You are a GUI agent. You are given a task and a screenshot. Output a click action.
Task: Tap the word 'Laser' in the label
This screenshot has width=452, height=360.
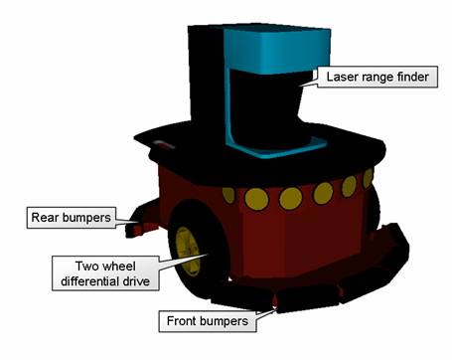(339, 76)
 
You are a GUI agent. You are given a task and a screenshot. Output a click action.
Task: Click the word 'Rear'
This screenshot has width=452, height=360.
(43, 214)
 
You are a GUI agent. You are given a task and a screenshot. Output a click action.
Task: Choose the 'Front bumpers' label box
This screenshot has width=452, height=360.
(207, 321)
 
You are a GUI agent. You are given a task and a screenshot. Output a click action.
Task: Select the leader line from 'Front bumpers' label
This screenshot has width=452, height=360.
(266, 311)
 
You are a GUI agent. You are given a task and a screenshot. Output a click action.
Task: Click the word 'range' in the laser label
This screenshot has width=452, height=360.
(375, 76)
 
